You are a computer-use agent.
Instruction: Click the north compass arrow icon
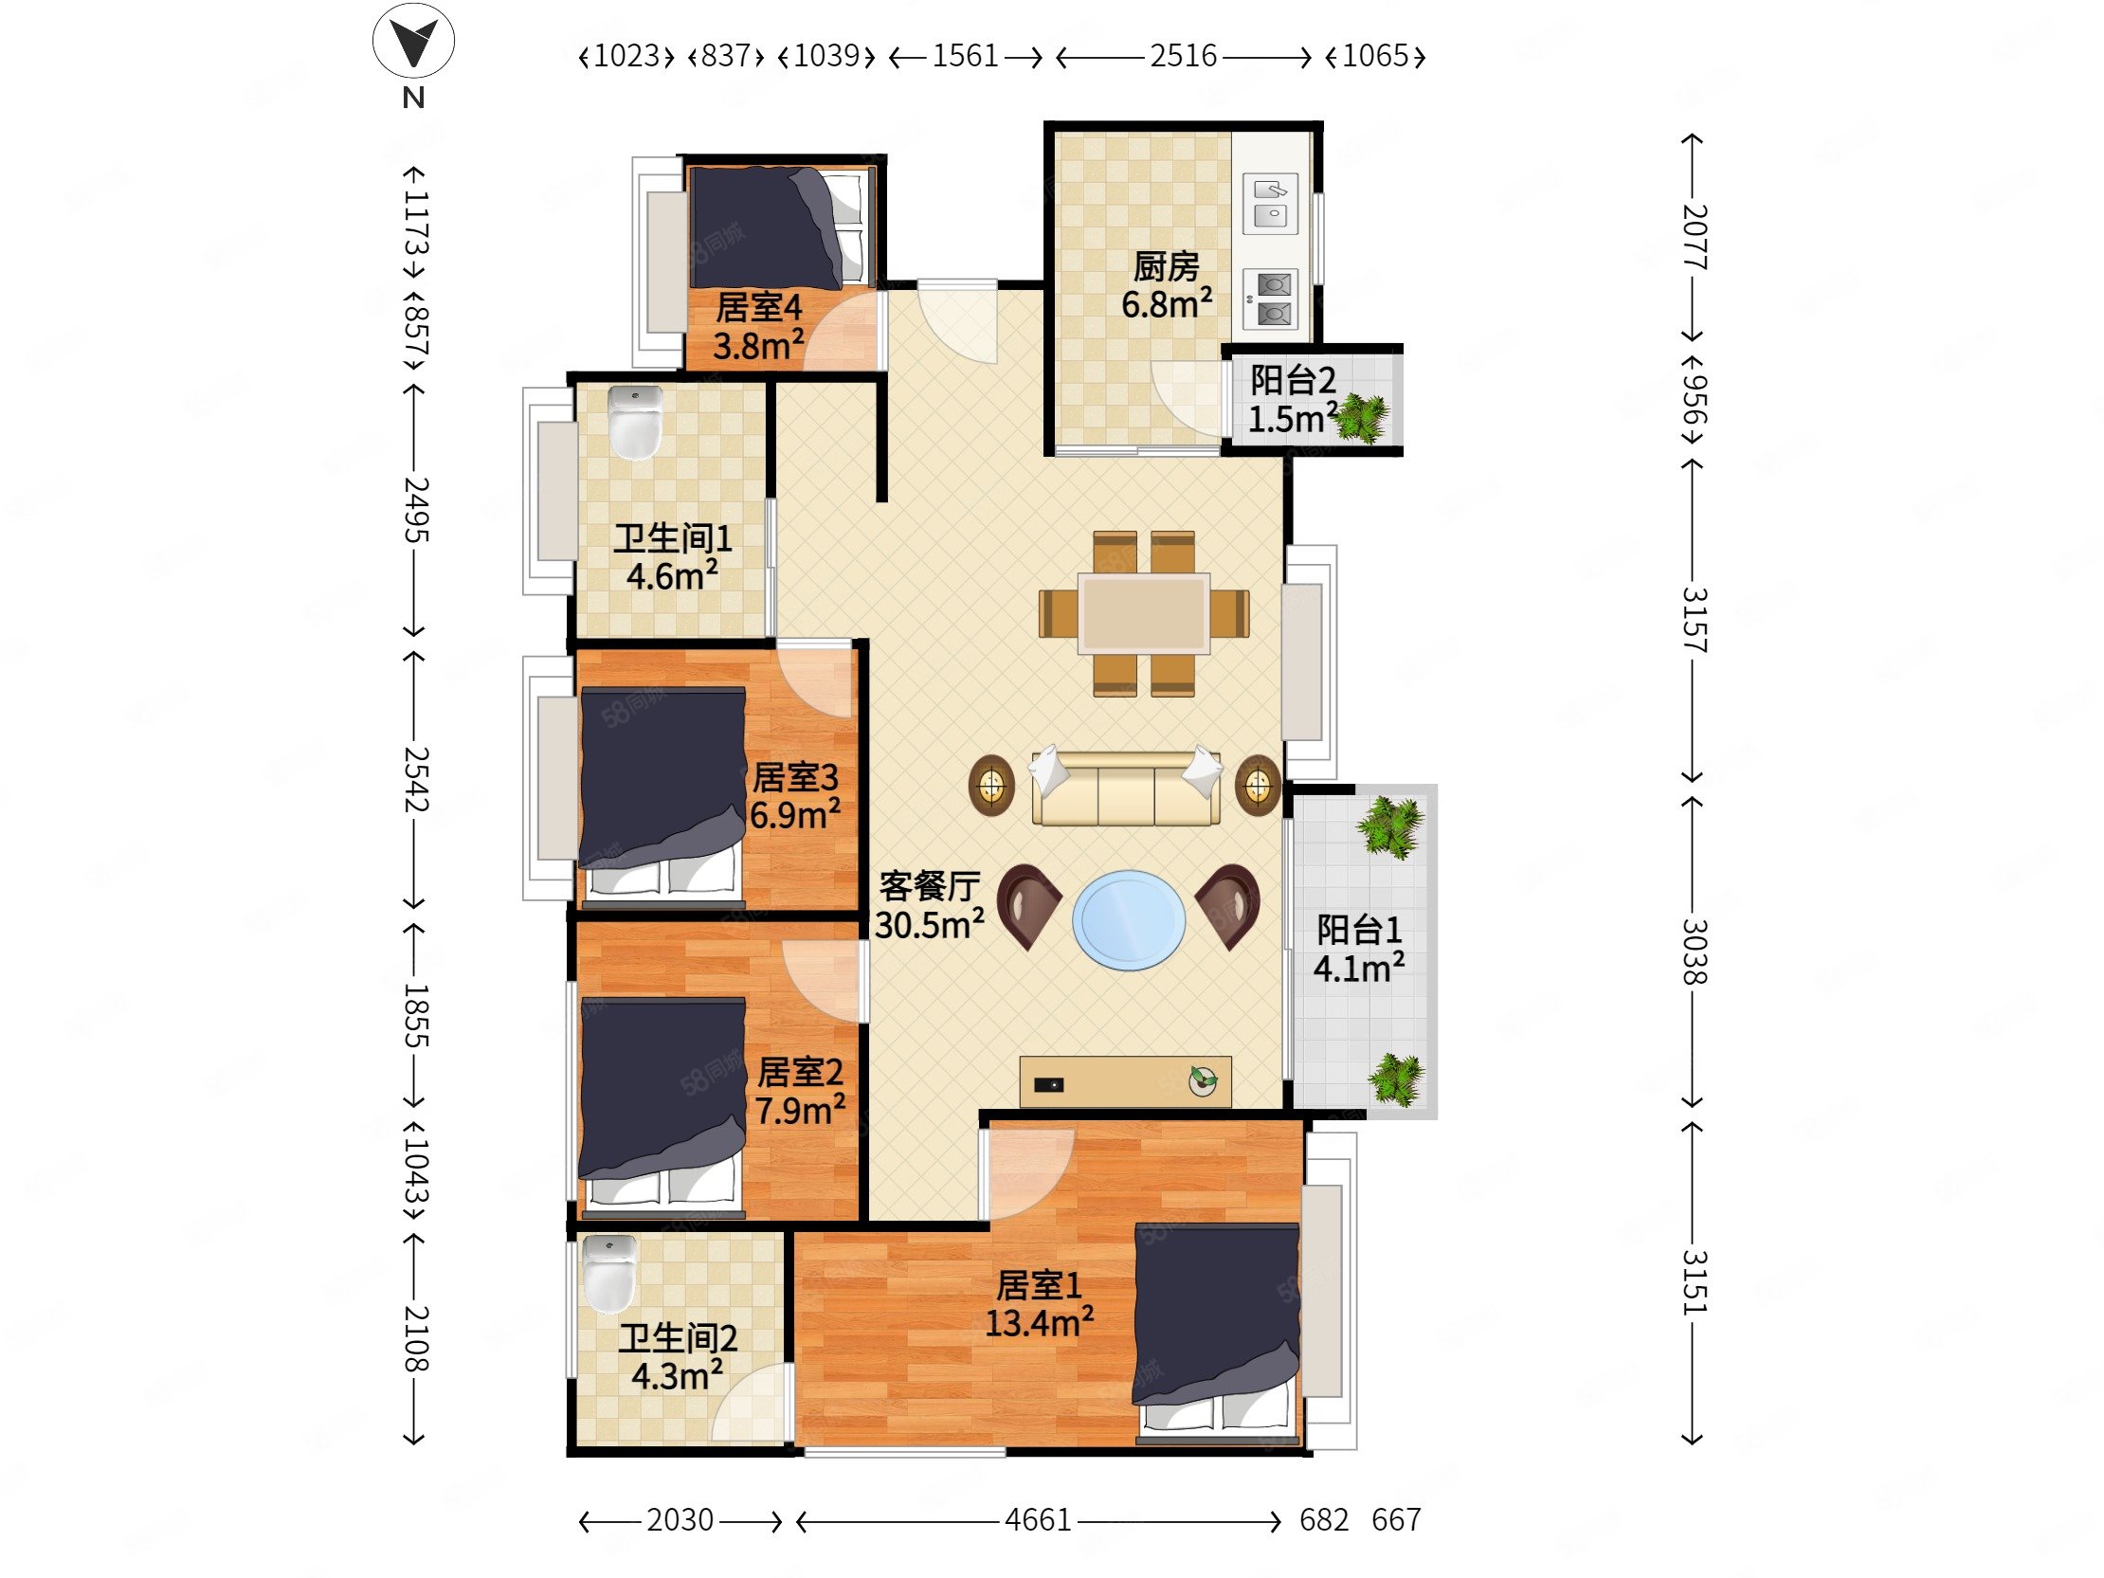point(413,40)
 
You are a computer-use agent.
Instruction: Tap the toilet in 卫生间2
point(608,1273)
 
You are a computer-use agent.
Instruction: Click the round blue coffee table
point(1129,919)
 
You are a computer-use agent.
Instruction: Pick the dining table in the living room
point(1143,613)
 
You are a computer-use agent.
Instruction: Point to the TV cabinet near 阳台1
point(1125,1081)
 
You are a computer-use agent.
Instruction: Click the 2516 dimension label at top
point(1183,56)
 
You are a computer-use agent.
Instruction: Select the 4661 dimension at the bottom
point(1038,1520)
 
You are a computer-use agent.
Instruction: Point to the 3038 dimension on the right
point(1694,952)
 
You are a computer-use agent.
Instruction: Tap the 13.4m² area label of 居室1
point(1039,1322)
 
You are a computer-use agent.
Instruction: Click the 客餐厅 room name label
point(930,885)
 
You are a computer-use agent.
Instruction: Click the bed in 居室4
point(780,227)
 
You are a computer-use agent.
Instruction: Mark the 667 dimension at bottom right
point(1395,1520)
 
